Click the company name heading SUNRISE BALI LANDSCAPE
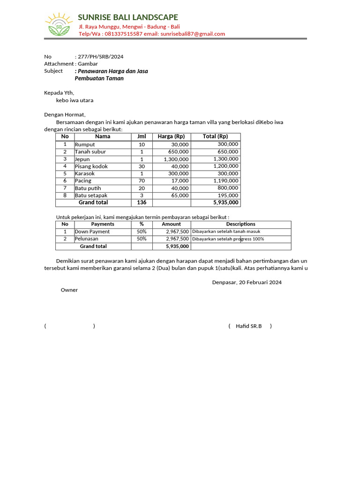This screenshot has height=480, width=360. point(128,17)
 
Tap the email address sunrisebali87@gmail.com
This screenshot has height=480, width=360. point(193,34)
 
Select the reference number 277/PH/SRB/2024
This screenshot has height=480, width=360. point(100,57)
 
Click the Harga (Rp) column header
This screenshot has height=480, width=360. point(171,136)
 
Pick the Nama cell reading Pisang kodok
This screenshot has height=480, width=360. point(91,166)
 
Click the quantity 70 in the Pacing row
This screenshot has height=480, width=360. point(142,181)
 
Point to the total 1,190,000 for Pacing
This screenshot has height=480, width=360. point(225,180)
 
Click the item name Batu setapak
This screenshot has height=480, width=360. point(91,195)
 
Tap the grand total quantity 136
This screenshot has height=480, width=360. point(142,202)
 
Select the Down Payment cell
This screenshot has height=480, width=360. point(92,232)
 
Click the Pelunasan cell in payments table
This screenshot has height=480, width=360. point(87,239)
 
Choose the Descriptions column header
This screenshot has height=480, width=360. point(240,224)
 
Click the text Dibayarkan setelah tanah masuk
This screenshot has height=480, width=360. point(226,232)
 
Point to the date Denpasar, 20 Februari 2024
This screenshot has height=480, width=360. point(247,283)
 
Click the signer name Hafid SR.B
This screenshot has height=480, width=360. point(248,326)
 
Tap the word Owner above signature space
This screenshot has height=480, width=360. point(69,290)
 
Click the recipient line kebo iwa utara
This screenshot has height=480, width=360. point(75,100)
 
